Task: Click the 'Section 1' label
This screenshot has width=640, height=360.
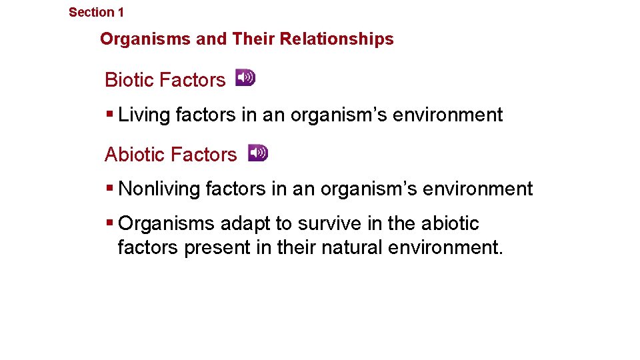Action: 96,12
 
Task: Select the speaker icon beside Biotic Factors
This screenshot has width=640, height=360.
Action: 245,78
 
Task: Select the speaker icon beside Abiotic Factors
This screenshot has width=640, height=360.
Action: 258,153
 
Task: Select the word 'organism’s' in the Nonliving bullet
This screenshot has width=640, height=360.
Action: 371,189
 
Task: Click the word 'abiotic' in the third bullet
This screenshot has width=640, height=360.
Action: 450,224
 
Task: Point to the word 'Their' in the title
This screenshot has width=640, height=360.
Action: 253,39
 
